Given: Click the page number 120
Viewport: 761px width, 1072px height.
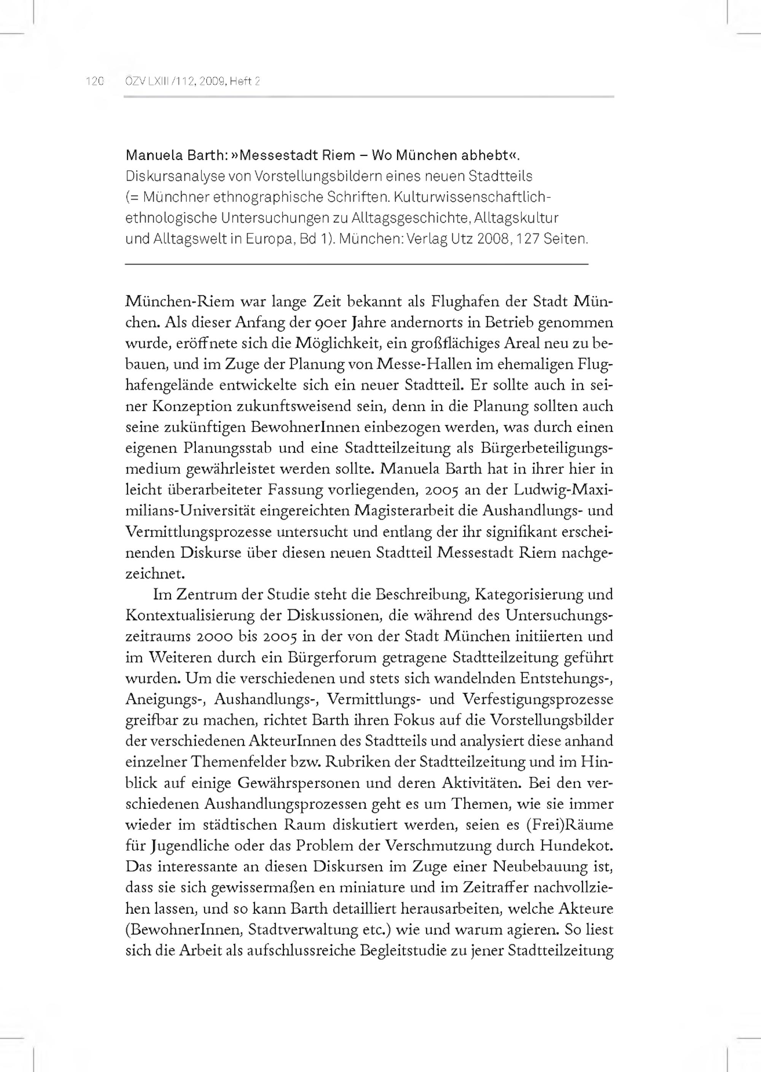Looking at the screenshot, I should (94, 81).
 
